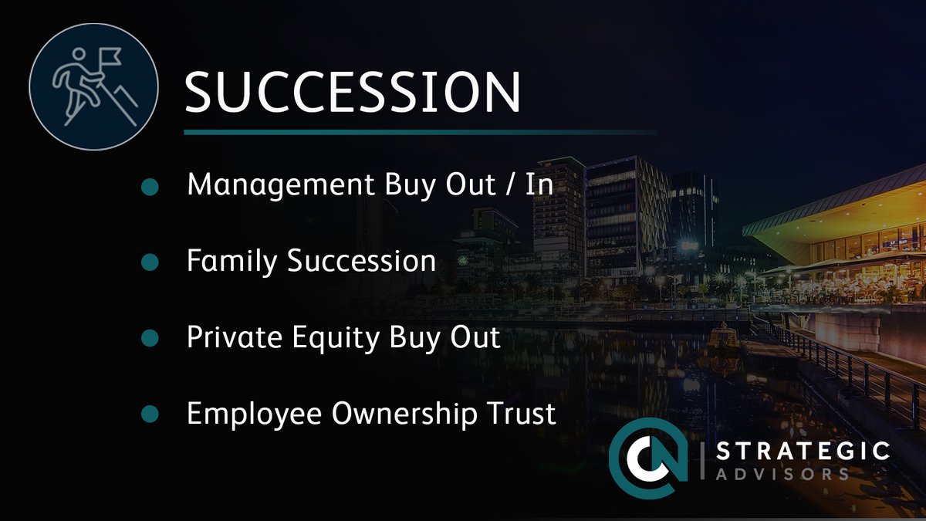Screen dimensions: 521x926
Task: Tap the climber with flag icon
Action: click(93, 84)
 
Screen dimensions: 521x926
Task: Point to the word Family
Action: click(232, 261)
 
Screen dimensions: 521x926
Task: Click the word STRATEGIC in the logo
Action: click(803, 451)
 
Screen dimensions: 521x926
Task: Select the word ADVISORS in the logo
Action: click(783, 473)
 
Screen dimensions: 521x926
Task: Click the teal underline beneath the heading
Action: click(421, 132)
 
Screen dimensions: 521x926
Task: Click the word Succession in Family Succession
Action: click(361, 261)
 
